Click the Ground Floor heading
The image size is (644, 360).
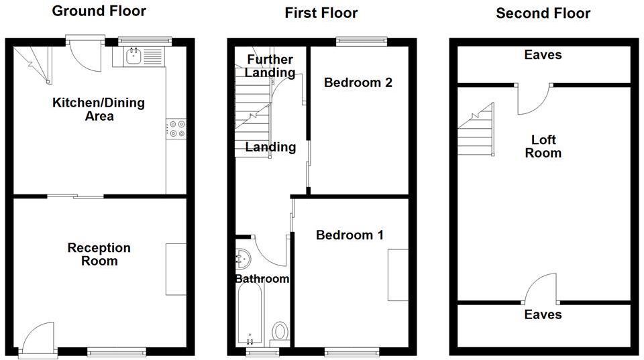coord(99,11)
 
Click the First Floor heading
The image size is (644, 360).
coord(321,13)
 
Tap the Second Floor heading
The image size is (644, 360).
coord(543,13)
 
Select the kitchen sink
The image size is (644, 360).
coord(134,56)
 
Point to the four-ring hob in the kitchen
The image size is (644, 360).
coord(176,129)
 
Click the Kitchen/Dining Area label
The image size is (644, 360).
coord(99,109)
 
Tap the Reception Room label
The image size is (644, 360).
coord(99,254)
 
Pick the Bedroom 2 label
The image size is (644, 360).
coord(358,82)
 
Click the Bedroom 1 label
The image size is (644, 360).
coord(350,235)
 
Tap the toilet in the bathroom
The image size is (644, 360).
coord(280,331)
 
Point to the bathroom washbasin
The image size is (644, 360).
coord(243,257)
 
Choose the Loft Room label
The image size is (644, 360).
coord(543,146)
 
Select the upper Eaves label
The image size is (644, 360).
coord(543,55)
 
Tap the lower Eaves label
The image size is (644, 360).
coord(543,314)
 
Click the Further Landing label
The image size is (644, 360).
coord(269,66)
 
